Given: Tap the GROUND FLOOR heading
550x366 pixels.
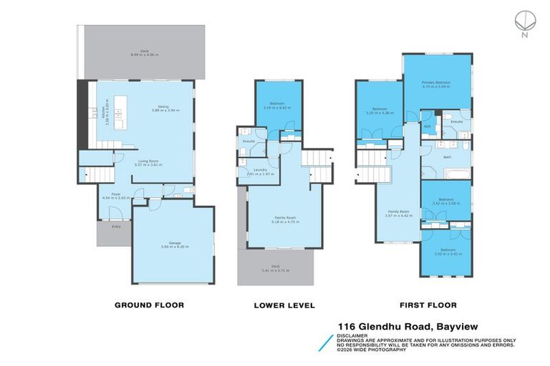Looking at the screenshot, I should coord(150,305).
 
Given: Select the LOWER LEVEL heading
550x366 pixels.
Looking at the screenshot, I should coord(284,305).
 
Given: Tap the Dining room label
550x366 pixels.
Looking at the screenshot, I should coord(164,107).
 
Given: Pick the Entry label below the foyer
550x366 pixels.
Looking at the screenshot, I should coord(115,227).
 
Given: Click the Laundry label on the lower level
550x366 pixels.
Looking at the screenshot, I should coord(250,170).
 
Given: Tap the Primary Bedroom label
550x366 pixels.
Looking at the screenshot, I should coord(436,82).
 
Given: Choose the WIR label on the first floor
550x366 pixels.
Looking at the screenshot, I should coord(427,127).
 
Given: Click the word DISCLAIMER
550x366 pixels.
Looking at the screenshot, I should coord(355,334).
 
